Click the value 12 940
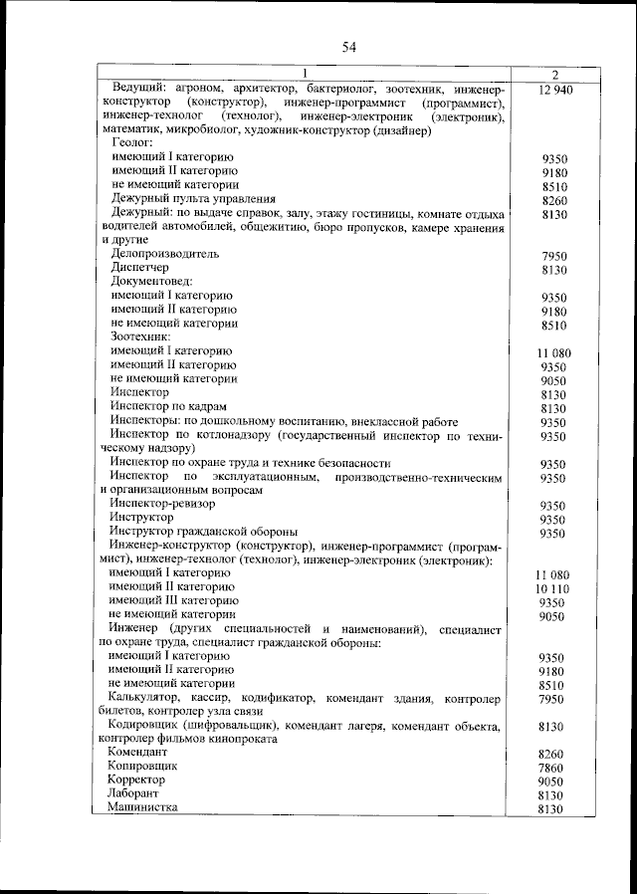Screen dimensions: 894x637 (x=554, y=90)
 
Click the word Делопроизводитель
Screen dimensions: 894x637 (x=165, y=255)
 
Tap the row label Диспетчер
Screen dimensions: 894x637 (x=140, y=269)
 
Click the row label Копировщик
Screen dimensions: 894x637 (x=144, y=768)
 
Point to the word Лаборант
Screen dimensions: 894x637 (x=137, y=795)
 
